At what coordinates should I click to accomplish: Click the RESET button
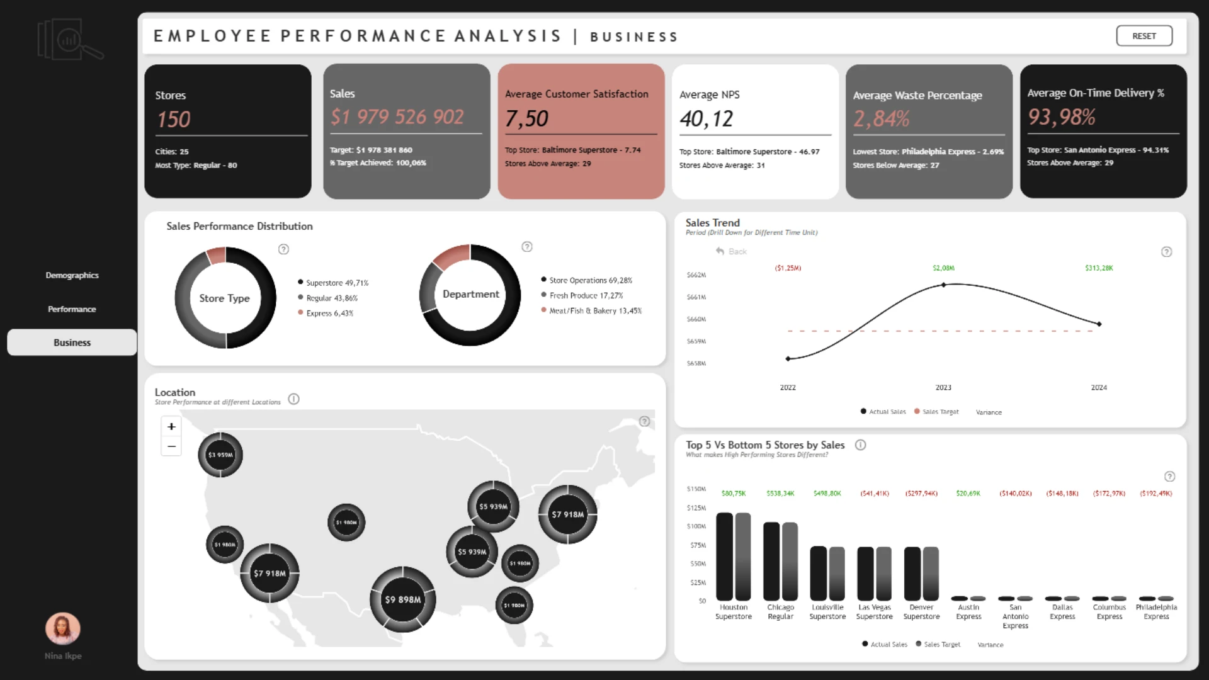1144,36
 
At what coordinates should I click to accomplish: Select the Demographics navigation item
72,275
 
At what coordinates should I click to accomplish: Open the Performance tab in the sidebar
72,309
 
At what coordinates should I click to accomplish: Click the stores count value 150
173,119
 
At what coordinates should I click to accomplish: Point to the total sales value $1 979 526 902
397,116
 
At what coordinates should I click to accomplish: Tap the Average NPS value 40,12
706,118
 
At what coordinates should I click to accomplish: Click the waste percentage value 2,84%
881,118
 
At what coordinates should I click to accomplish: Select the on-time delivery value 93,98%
1061,116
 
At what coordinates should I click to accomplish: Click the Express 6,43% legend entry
329,313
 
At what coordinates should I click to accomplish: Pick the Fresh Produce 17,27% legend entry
586,295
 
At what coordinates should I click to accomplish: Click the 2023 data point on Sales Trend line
943,285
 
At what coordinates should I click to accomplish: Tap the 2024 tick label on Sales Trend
1099,387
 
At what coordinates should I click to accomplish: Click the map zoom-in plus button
171,426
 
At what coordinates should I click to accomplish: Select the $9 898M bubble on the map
403,599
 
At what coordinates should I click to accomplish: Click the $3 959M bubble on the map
220,455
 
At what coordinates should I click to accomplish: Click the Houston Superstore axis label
734,612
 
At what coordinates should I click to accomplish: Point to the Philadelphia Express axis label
1156,612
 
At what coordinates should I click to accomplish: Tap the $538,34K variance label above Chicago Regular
780,494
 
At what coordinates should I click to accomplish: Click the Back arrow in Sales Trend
720,251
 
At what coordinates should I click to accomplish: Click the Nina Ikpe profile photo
63,628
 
